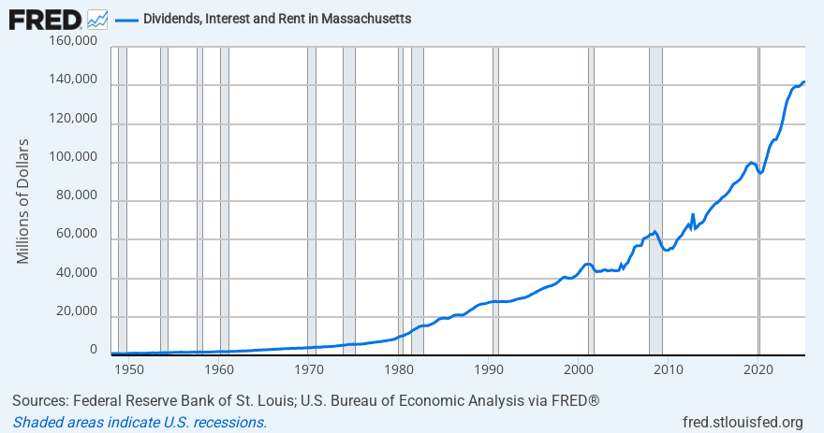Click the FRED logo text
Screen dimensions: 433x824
[45, 19]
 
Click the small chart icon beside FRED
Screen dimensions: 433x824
[96, 19]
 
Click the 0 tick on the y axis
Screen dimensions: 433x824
[93, 350]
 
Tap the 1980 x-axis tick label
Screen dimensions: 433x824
[399, 368]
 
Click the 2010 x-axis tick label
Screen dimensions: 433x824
[669, 368]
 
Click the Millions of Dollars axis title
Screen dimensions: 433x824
[23, 201]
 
